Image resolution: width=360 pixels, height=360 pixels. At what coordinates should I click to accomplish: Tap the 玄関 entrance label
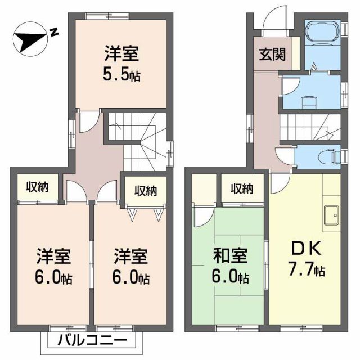[272, 55]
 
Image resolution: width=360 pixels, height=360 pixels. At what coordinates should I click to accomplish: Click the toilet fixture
[332, 154]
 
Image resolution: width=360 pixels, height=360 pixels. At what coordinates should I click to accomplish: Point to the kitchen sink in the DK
[331, 214]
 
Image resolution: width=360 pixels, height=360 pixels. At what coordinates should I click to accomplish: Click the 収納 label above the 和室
[242, 188]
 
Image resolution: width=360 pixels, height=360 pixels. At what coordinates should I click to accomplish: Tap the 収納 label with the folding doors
[145, 191]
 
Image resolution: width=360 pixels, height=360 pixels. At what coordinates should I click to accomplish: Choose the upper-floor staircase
[138, 138]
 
